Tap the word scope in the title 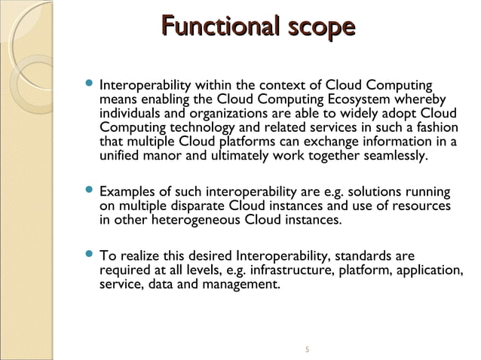316,28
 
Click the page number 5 308,349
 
